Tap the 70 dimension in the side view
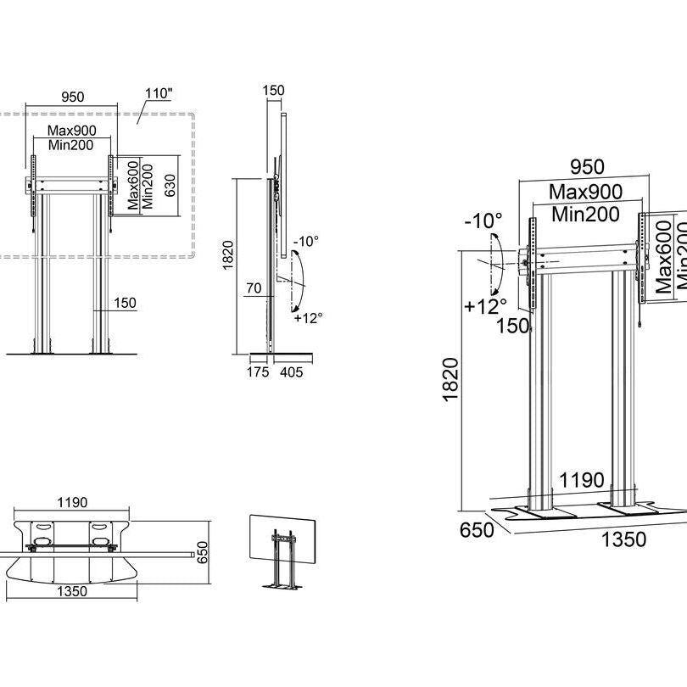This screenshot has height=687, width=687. [253, 289]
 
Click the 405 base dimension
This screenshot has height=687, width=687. [289, 371]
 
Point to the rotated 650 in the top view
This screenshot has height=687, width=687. [202, 553]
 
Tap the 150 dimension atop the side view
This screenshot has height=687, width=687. [274, 91]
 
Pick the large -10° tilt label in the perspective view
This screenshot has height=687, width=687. [483, 221]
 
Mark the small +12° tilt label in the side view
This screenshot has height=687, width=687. [308, 318]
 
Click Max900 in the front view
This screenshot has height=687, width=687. [71, 131]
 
